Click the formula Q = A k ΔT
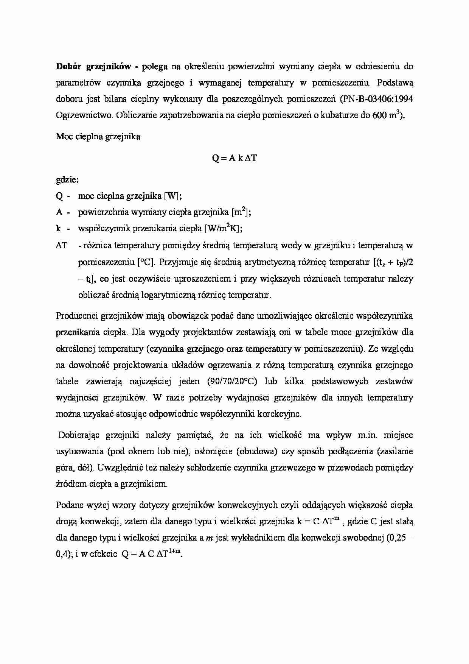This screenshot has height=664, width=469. click(x=234, y=158)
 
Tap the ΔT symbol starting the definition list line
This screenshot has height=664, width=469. click(x=62, y=245)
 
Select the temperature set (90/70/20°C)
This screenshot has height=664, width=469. click(x=232, y=381)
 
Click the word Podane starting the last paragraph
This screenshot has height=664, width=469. click(x=70, y=505)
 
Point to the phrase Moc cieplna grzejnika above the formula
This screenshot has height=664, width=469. click(x=98, y=137)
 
